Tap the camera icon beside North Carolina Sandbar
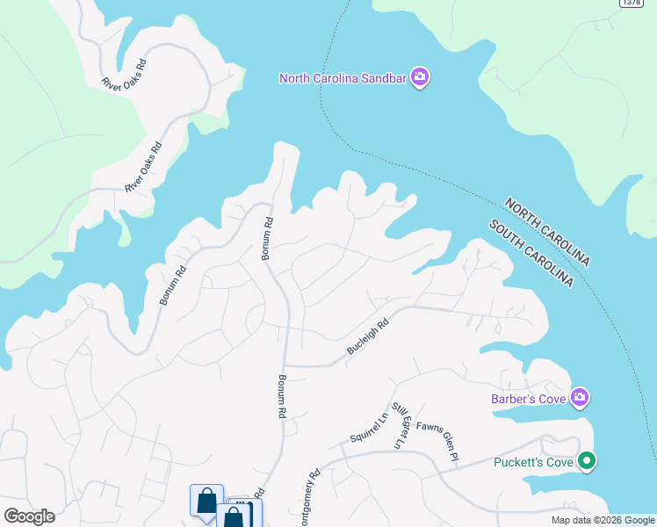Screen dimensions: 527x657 point(420,78)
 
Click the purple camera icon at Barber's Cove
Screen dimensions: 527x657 point(580,399)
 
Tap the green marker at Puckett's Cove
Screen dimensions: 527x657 point(587,460)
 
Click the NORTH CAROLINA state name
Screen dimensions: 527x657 point(546,232)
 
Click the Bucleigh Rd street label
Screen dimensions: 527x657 point(367,337)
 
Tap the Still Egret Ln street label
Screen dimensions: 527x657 point(401,426)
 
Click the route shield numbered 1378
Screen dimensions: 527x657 point(631,3)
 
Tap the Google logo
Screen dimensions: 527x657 point(29,516)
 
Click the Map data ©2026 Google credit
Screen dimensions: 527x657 point(603,520)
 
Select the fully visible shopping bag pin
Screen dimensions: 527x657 point(206,500)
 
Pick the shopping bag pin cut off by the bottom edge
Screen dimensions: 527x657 point(234,516)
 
